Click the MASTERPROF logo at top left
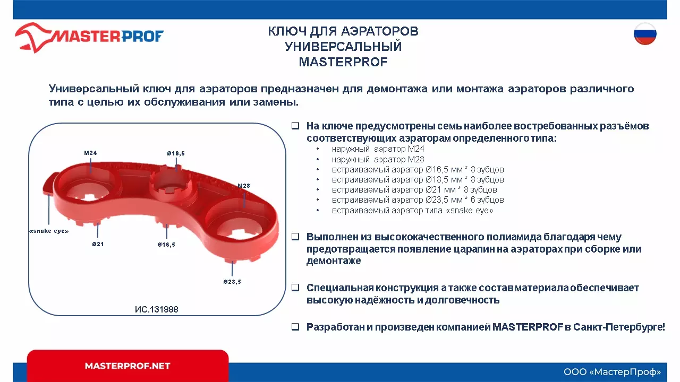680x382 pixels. [x=89, y=37]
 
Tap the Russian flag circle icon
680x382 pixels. [x=645, y=34]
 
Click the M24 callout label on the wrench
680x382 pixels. [x=91, y=153]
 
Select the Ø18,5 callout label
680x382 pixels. [x=176, y=154]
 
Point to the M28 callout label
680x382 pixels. [x=244, y=186]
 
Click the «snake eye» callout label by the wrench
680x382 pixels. [x=49, y=231]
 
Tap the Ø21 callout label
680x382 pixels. [x=98, y=245]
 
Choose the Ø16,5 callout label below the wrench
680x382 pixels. [x=166, y=245]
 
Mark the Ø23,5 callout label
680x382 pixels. [x=232, y=282]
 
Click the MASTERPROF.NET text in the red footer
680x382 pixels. [x=127, y=366]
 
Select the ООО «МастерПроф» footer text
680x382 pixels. [x=612, y=371]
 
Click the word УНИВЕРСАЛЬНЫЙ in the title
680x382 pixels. [x=343, y=47]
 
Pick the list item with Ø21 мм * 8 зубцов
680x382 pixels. [x=414, y=189]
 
